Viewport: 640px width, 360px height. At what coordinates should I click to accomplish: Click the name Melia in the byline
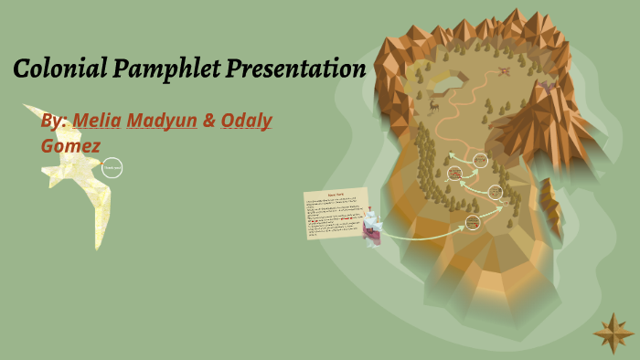[96, 121]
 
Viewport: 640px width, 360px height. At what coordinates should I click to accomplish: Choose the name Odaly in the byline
[246, 121]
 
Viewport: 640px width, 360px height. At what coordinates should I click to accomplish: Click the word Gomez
[70, 145]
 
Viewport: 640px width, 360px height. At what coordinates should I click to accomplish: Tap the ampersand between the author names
[209, 121]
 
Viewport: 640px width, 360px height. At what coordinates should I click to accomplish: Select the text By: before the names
[54, 121]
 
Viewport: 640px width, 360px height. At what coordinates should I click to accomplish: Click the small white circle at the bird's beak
[112, 167]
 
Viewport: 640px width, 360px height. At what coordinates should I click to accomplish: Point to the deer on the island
[433, 106]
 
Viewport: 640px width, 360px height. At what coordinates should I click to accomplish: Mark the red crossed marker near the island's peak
[504, 70]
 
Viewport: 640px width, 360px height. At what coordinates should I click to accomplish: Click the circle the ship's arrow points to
[473, 222]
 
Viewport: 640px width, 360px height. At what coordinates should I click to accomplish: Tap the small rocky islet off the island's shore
[549, 201]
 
